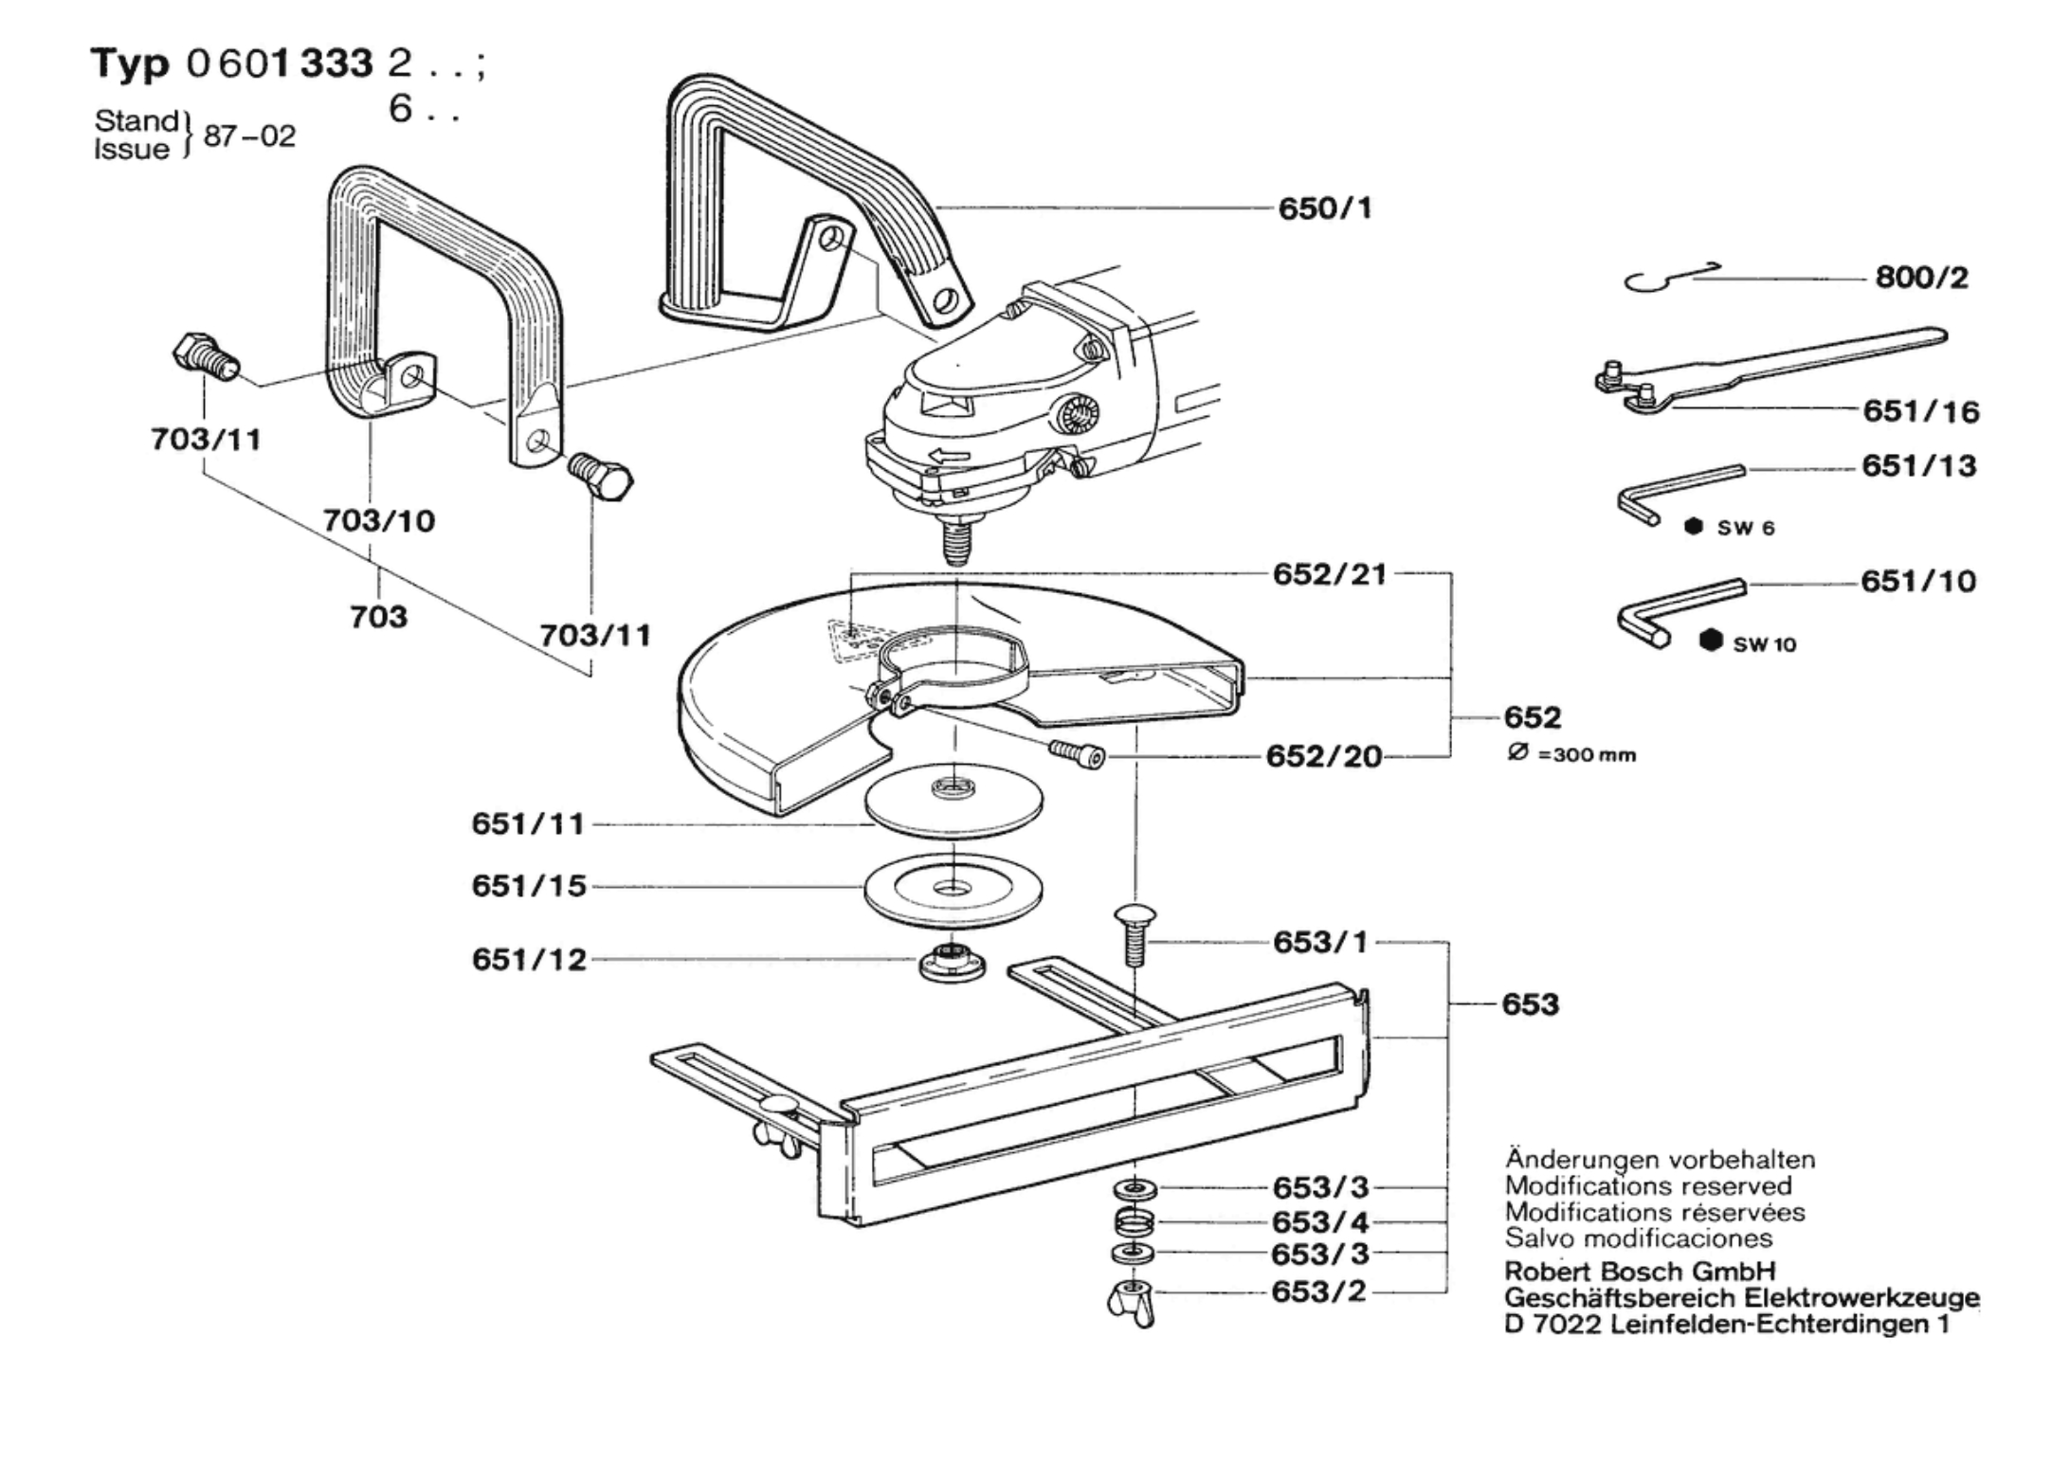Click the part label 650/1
tap(1324, 208)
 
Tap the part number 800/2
tap(1921, 278)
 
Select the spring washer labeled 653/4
tap(1134, 1220)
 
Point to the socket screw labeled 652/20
tap(1078, 753)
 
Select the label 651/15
tap(529, 886)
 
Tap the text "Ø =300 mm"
tap(1571, 754)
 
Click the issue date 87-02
tap(249, 135)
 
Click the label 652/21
tap(1329, 574)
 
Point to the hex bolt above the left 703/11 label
tap(205, 357)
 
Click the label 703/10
tap(378, 520)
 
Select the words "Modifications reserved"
tap(1647, 1185)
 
